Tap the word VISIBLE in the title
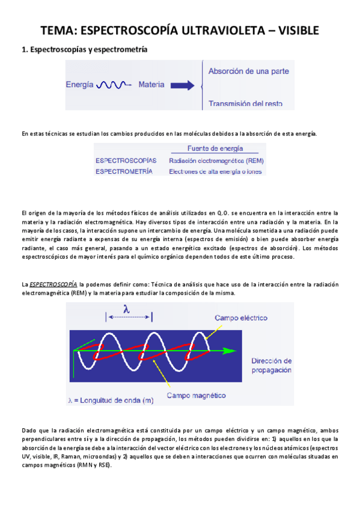[x=295, y=31]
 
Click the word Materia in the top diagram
[x=151, y=85]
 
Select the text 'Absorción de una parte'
[x=248, y=71]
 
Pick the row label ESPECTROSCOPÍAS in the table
[x=126, y=161]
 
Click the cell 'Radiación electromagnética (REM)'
[x=216, y=161]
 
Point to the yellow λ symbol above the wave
[x=127, y=308]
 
